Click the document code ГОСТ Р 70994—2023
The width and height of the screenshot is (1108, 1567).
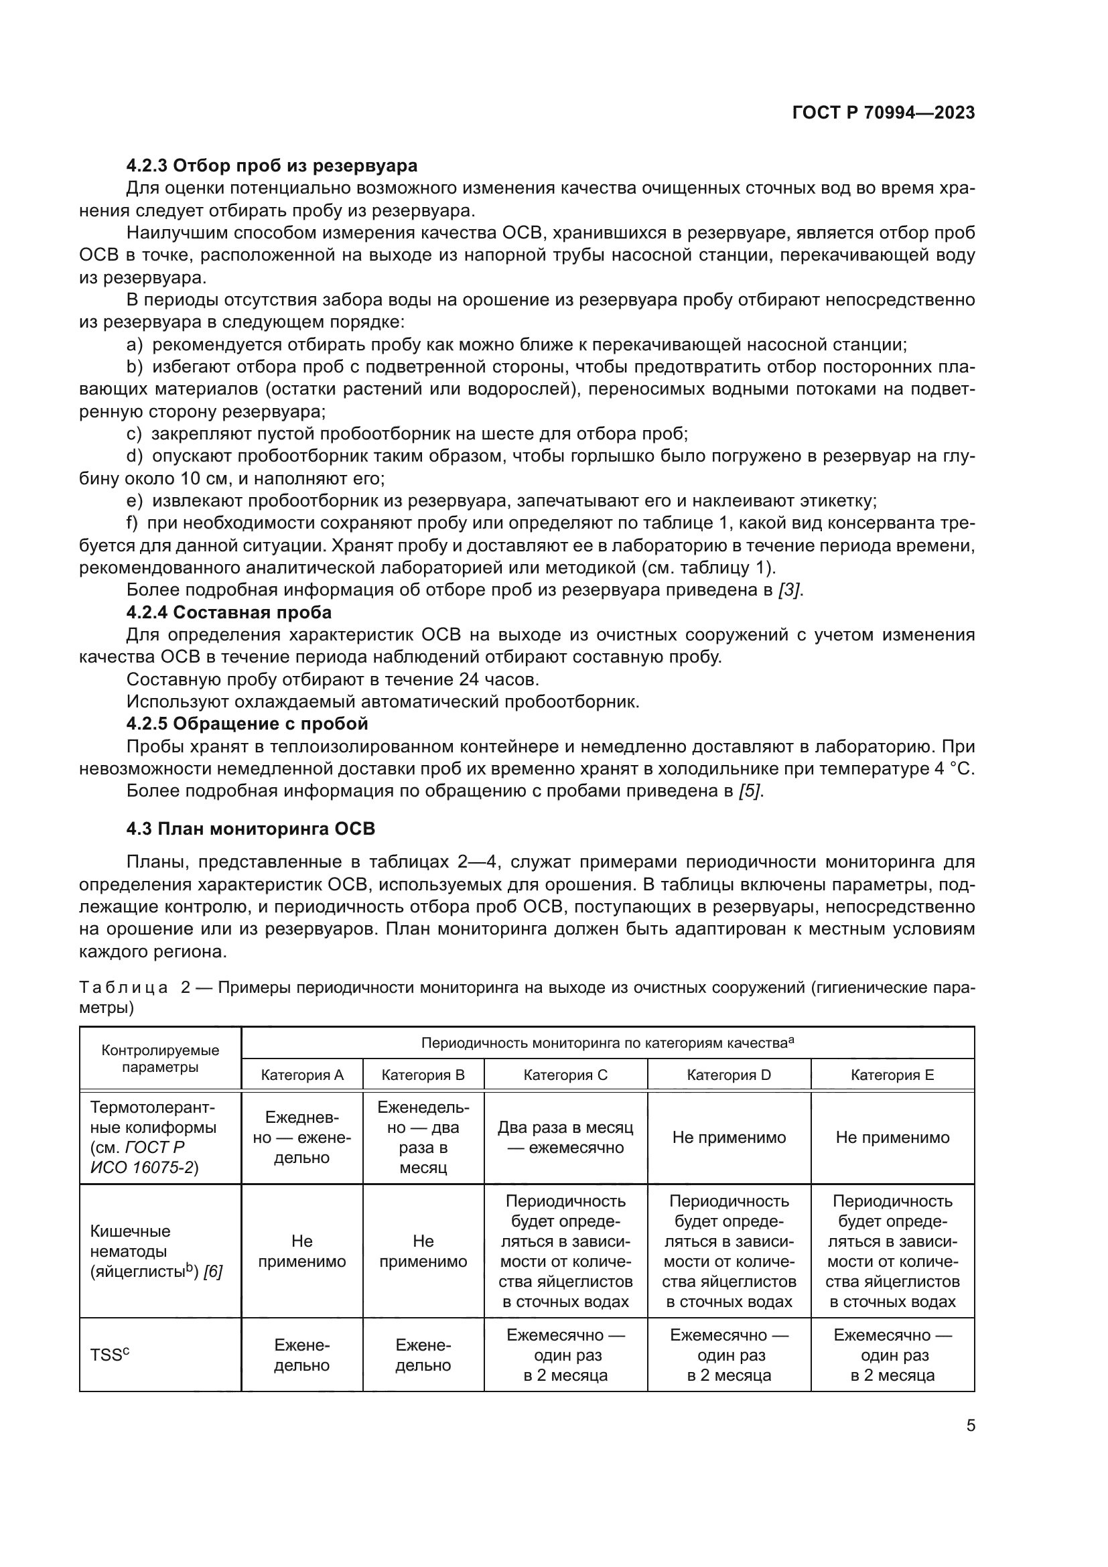pos(884,113)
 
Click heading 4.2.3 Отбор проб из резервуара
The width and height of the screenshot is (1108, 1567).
pos(271,166)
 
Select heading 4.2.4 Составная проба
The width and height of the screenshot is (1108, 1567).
pos(228,612)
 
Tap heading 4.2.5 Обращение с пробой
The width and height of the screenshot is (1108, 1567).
pos(247,724)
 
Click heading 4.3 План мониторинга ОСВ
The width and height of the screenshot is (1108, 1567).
pos(251,829)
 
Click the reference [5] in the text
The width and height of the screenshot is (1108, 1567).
pos(750,791)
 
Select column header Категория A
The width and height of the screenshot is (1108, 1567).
pos(302,1075)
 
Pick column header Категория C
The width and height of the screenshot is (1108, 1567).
pos(565,1075)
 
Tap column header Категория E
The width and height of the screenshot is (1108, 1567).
pos(892,1075)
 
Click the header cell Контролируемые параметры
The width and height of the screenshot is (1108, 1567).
pos(160,1059)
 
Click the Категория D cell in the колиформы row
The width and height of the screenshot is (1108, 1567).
pos(729,1138)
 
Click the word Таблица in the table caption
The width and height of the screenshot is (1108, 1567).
pos(123,987)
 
